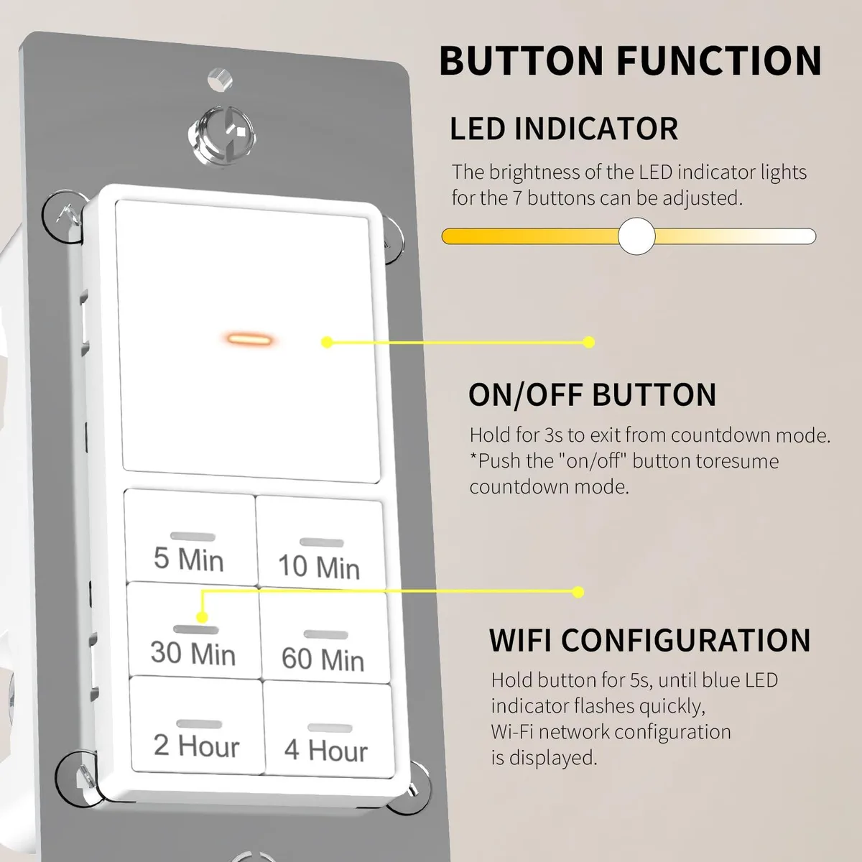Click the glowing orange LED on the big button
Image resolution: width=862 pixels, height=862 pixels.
pos(249,338)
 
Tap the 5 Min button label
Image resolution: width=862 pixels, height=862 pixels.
pos(189,559)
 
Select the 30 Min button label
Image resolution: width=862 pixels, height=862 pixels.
pos(193,653)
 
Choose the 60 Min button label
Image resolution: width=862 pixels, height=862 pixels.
pos(323,659)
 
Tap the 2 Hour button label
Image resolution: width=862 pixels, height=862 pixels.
pos(196,746)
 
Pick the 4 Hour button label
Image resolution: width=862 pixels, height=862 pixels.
pos(326,750)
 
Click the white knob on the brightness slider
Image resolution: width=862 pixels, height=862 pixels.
pos(636,236)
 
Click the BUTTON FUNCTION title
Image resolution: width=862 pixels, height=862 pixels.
pos(630,60)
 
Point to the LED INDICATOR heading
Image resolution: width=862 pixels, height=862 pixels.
pos(564,129)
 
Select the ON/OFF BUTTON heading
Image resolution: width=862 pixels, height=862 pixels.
pos(592,394)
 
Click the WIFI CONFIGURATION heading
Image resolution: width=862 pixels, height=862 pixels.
pos(649,640)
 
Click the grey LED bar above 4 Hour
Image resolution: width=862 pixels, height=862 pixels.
pos(330,728)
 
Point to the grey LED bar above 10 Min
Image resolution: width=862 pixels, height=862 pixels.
pos(322,542)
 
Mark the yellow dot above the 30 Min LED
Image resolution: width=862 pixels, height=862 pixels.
pos(202,618)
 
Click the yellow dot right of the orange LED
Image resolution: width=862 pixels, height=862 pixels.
pos(327,343)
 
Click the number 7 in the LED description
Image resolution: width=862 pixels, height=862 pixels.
pos(517,198)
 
